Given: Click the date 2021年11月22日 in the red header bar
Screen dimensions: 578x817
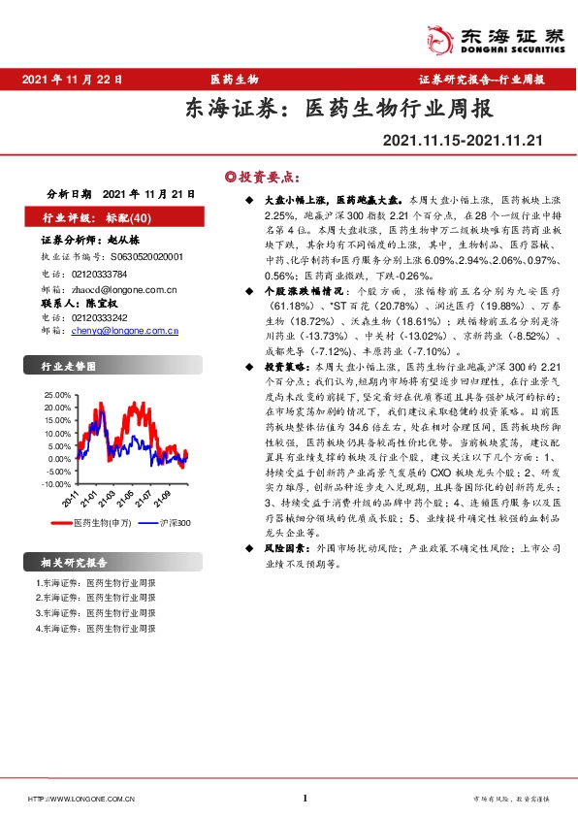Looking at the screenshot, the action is (71, 79).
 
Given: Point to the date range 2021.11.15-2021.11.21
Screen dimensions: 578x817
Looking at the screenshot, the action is (462, 142).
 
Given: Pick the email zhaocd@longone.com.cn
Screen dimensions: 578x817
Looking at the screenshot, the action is (121, 288).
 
